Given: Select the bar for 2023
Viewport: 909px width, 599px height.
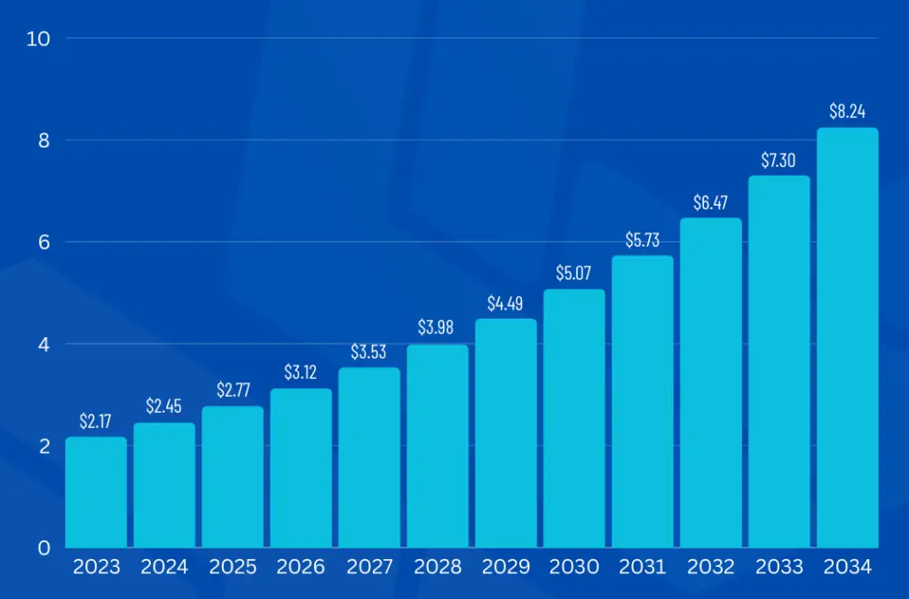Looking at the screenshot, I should tap(96, 492).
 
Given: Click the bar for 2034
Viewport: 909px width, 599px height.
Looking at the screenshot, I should tap(847, 337).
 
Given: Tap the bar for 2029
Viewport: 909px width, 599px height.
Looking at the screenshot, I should tap(506, 432).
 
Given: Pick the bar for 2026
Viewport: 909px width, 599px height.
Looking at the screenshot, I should tap(301, 468).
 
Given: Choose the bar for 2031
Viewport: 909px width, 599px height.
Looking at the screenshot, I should tap(643, 401).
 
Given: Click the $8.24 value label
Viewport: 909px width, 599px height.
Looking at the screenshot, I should tap(847, 112).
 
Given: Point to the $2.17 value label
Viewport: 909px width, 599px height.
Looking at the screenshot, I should tap(96, 421).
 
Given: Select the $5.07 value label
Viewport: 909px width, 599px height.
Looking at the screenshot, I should tap(574, 273).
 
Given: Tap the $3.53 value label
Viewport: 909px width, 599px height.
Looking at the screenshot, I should tap(368, 351).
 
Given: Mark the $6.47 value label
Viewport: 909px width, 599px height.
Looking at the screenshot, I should tap(711, 202).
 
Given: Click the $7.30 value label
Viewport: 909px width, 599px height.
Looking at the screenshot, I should tap(779, 160).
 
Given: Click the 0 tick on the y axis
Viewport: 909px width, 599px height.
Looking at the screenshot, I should tap(43, 548).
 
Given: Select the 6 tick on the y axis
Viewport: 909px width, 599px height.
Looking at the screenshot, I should tap(43, 242).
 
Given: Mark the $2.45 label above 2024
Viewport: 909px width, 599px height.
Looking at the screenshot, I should tap(164, 406).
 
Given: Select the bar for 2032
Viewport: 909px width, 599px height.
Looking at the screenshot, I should tap(711, 382).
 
